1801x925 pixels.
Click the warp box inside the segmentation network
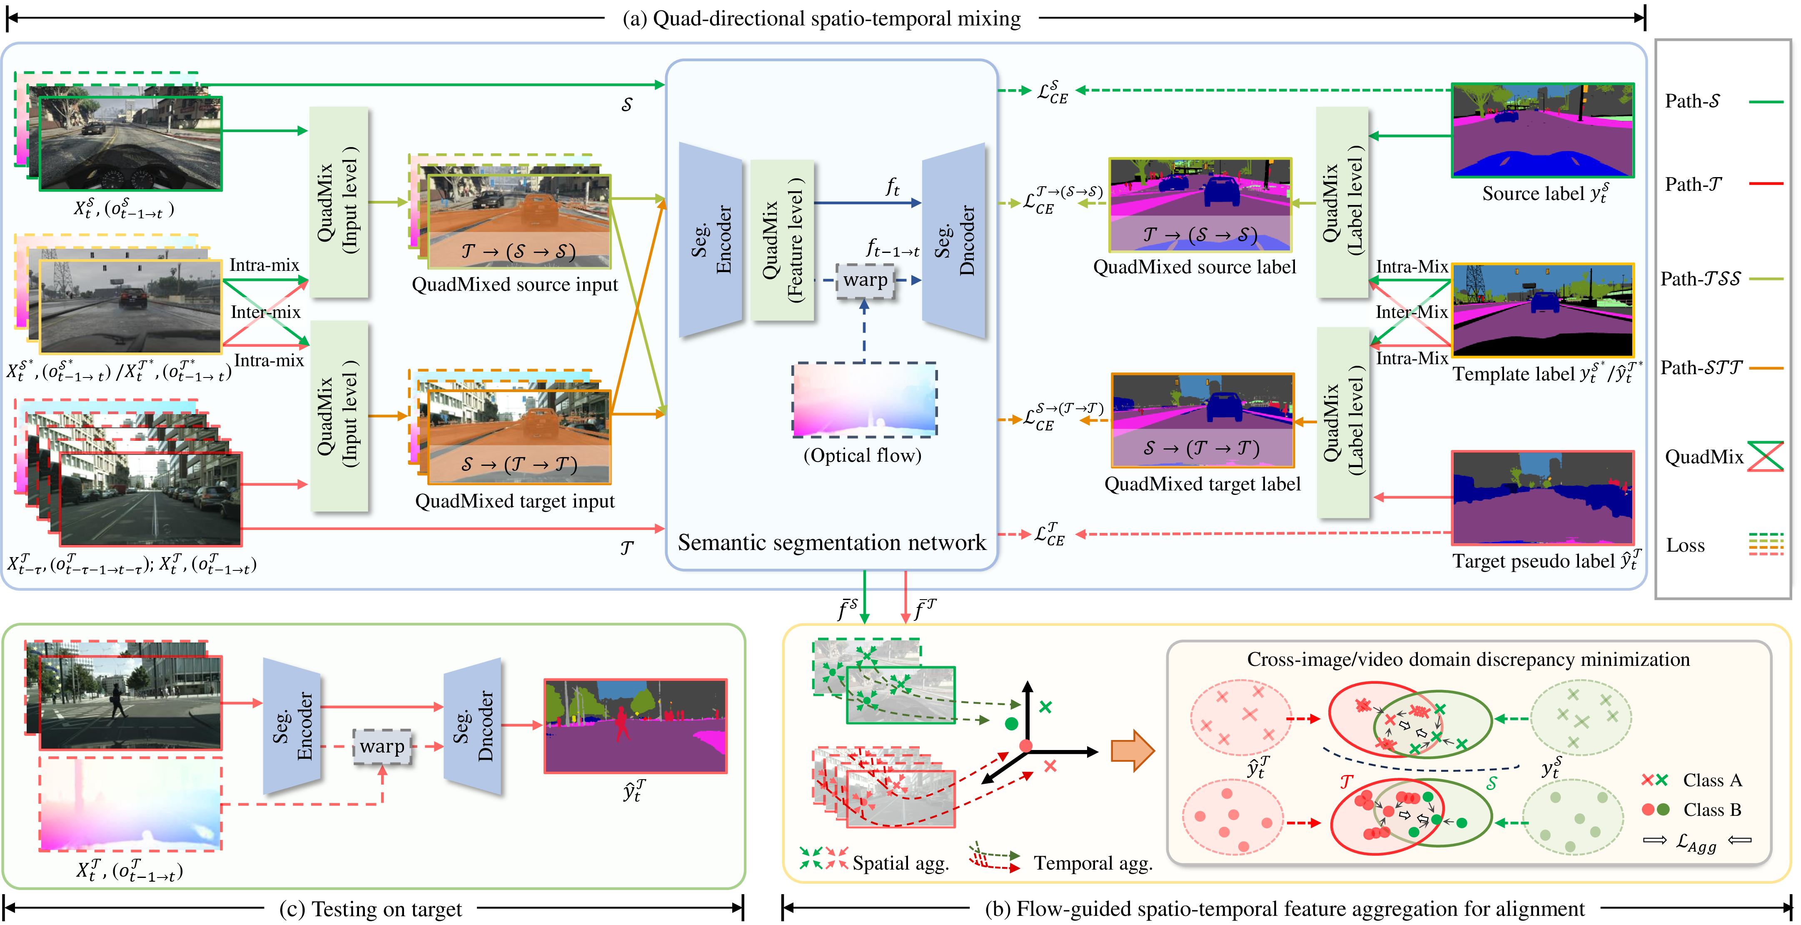point(865,280)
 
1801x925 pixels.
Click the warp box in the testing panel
point(382,747)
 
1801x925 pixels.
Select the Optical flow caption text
point(862,456)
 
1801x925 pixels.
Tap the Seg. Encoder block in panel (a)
point(710,240)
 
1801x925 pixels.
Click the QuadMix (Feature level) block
point(782,240)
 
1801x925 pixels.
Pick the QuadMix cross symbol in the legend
point(1765,457)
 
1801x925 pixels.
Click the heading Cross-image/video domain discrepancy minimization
point(1468,659)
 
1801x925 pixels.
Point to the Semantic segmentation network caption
point(831,542)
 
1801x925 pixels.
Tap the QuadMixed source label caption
point(1194,267)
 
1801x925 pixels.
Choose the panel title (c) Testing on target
point(371,909)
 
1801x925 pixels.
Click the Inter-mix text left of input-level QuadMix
point(266,312)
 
